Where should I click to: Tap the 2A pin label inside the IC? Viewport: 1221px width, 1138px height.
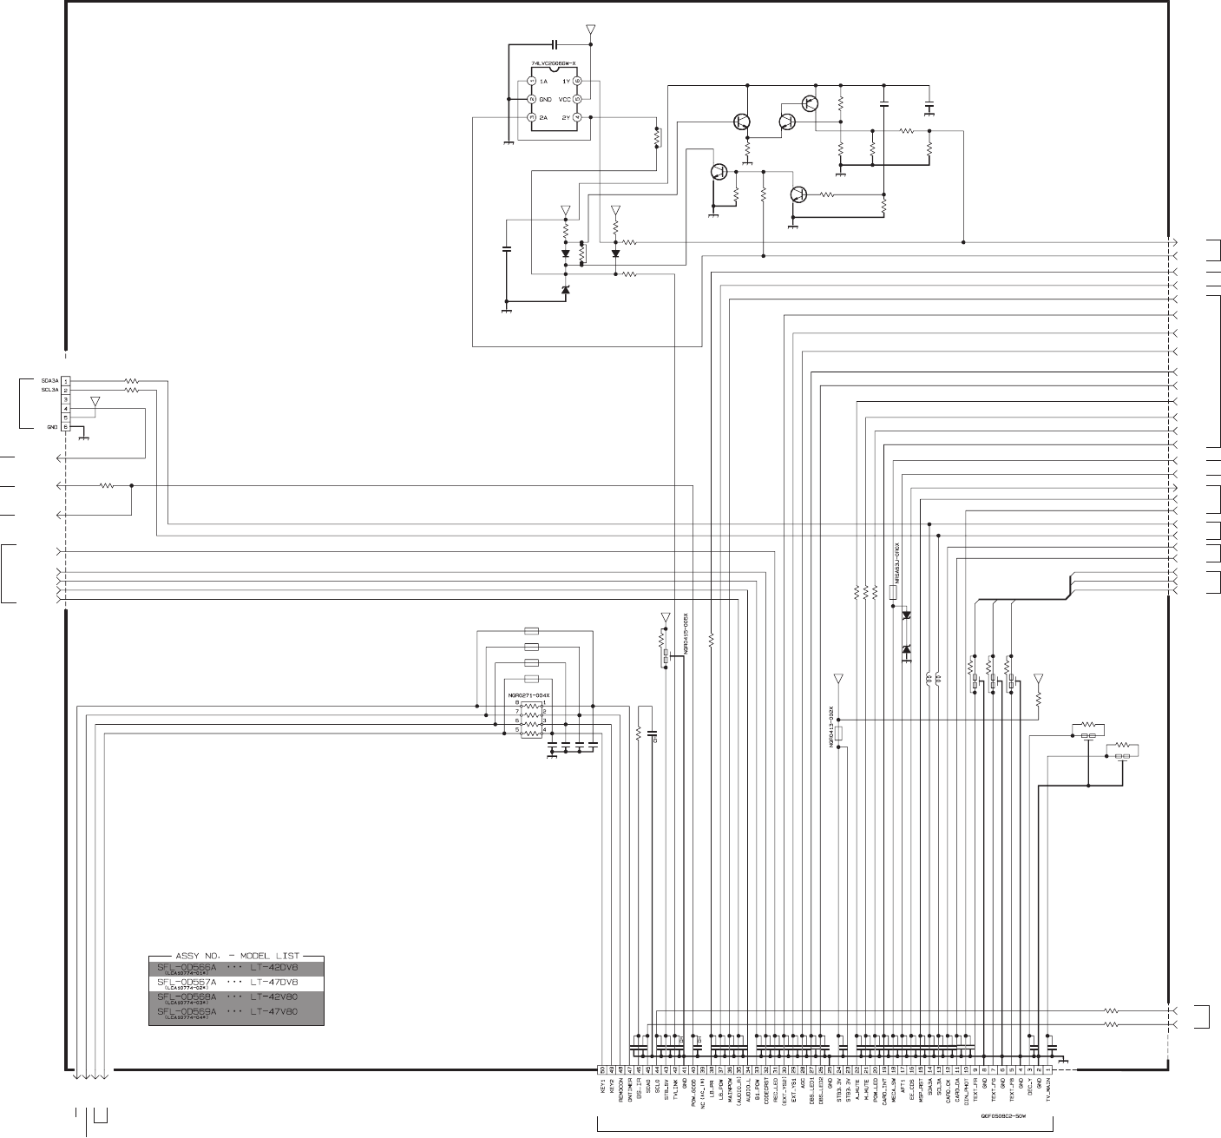click(543, 117)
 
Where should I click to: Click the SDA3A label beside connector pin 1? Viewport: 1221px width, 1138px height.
click(49, 381)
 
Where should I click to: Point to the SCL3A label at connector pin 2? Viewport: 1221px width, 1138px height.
click(49, 391)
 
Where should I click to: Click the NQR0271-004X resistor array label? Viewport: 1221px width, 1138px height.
click(530, 696)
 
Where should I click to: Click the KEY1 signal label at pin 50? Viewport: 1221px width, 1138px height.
click(602, 1089)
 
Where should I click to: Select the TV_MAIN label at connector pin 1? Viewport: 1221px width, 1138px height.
click(1048, 1092)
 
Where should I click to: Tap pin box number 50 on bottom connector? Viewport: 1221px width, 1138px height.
click(602, 1069)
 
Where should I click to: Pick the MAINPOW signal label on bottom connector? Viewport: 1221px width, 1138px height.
click(729, 1092)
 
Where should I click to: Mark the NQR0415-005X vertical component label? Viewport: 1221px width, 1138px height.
click(686, 635)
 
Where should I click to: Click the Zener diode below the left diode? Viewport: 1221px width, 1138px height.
click(565, 290)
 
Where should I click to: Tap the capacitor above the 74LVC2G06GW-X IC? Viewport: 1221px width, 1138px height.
click(554, 43)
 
